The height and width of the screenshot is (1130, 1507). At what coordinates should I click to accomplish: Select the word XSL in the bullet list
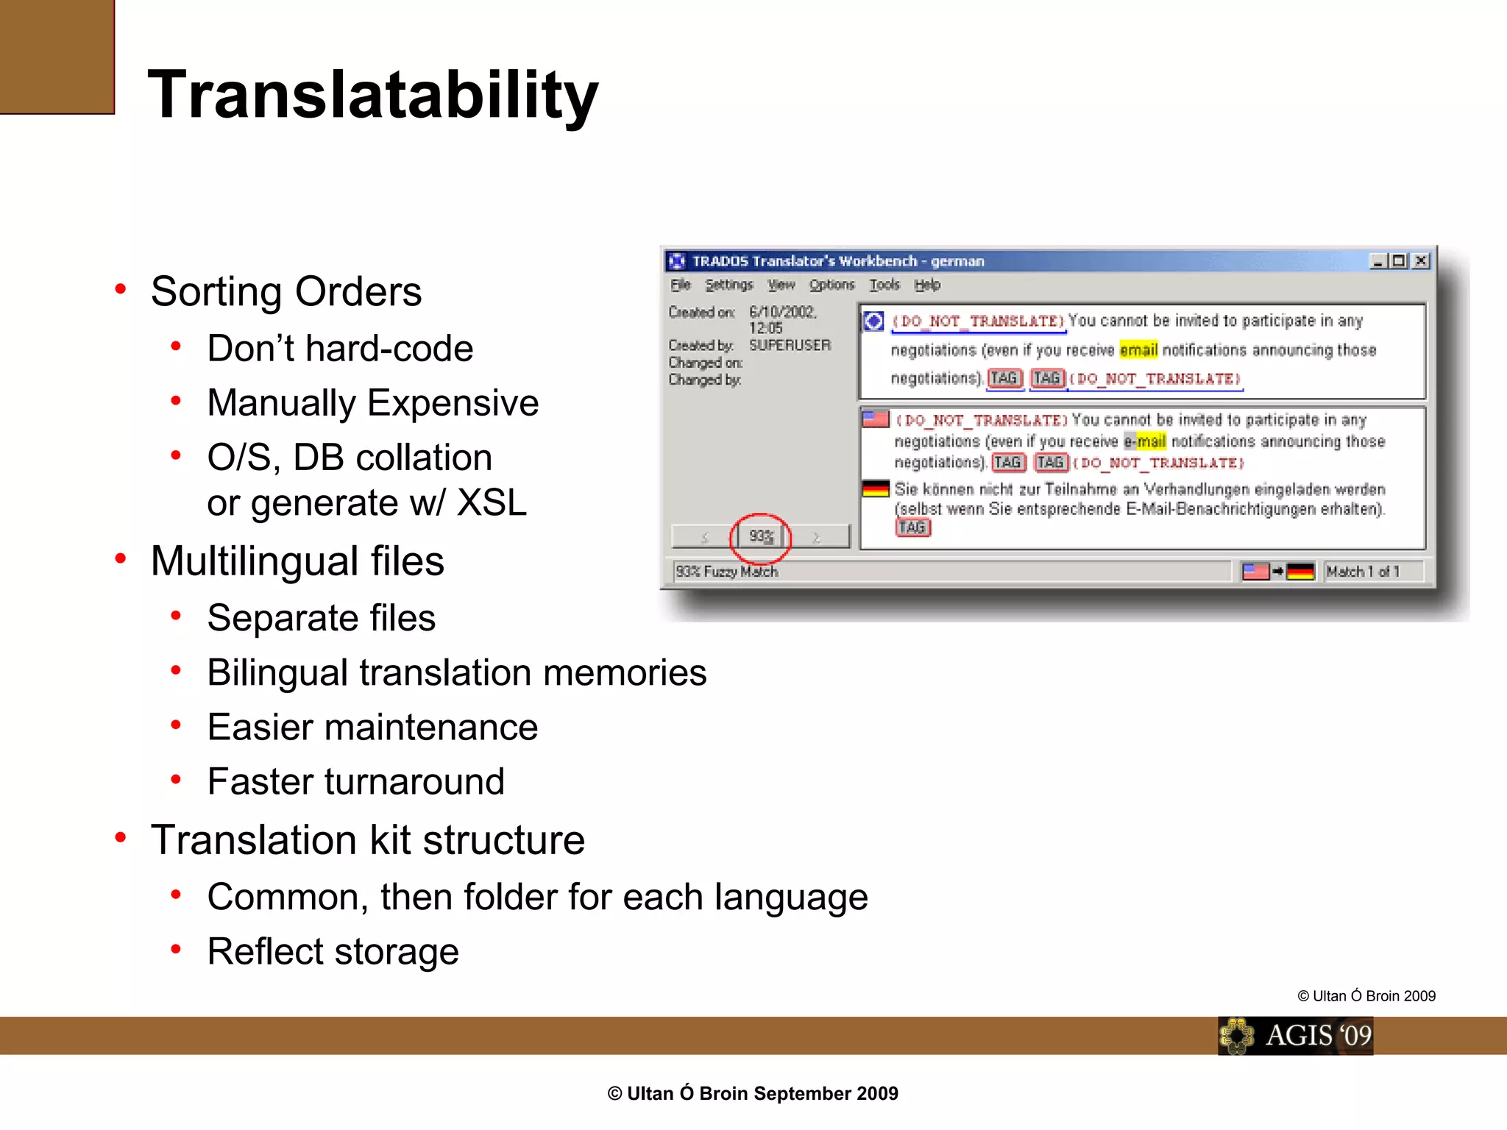(x=492, y=504)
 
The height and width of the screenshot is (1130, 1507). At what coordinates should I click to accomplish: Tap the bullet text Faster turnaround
(x=355, y=782)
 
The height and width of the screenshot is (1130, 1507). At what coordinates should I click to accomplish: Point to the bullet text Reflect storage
(x=333, y=952)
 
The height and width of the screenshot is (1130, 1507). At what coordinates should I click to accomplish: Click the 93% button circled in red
(x=761, y=537)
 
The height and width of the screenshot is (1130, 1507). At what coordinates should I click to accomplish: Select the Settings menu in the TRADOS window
(x=728, y=285)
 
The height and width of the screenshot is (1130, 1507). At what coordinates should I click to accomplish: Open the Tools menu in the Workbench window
(x=884, y=285)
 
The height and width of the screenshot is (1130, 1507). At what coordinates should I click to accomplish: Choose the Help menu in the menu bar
(x=927, y=285)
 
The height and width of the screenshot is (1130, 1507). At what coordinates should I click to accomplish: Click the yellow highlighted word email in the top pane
(x=1138, y=350)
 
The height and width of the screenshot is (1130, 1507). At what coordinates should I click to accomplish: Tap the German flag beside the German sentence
(x=876, y=488)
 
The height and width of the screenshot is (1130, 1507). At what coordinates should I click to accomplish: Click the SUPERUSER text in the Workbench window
(x=790, y=345)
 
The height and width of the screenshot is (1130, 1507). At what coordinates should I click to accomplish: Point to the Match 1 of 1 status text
(x=1362, y=572)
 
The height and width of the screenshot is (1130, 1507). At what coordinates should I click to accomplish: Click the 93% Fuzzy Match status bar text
(x=727, y=572)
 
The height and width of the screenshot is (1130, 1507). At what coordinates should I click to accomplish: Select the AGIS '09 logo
(x=1295, y=1036)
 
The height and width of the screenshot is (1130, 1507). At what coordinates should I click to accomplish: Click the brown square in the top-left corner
(x=57, y=57)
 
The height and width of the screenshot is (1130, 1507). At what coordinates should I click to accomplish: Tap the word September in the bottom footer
(x=800, y=1094)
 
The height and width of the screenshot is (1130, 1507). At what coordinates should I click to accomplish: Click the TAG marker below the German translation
(x=912, y=527)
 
